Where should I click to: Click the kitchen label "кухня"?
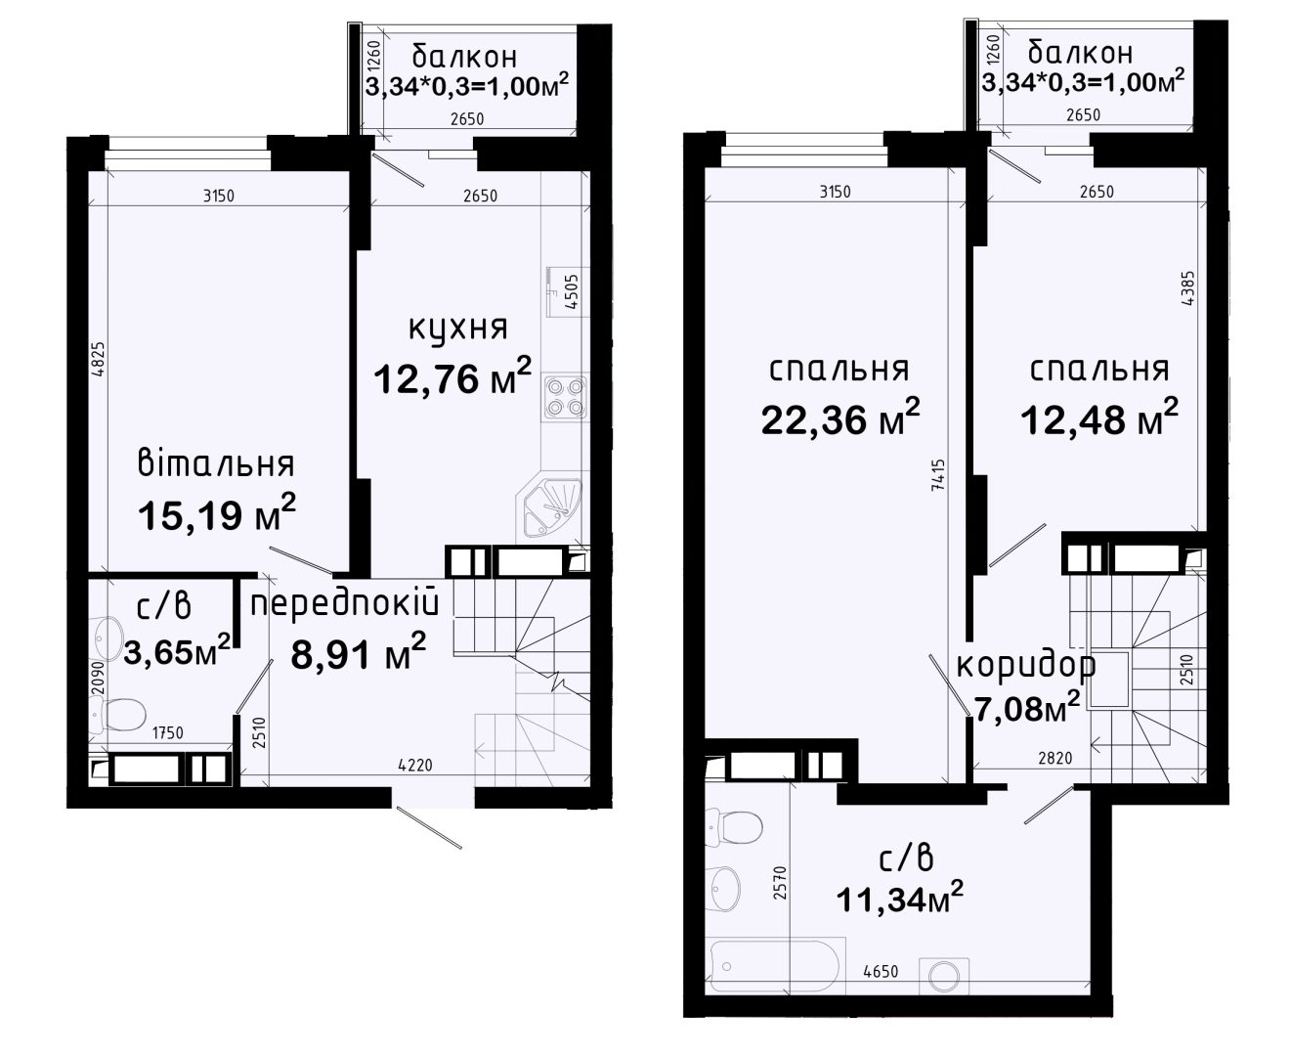[458, 329]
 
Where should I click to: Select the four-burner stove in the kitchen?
[566, 397]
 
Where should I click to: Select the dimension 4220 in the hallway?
[415, 765]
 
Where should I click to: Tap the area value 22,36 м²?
[840, 418]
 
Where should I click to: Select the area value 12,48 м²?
[1098, 418]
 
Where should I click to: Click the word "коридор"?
[1026, 665]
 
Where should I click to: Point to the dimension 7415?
[938, 475]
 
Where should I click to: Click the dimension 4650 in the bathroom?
[881, 971]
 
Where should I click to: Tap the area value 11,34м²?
[900, 898]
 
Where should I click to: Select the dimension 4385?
[1187, 289]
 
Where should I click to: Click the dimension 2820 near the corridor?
[1055, 758]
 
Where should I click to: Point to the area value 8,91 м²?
[358, 652]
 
